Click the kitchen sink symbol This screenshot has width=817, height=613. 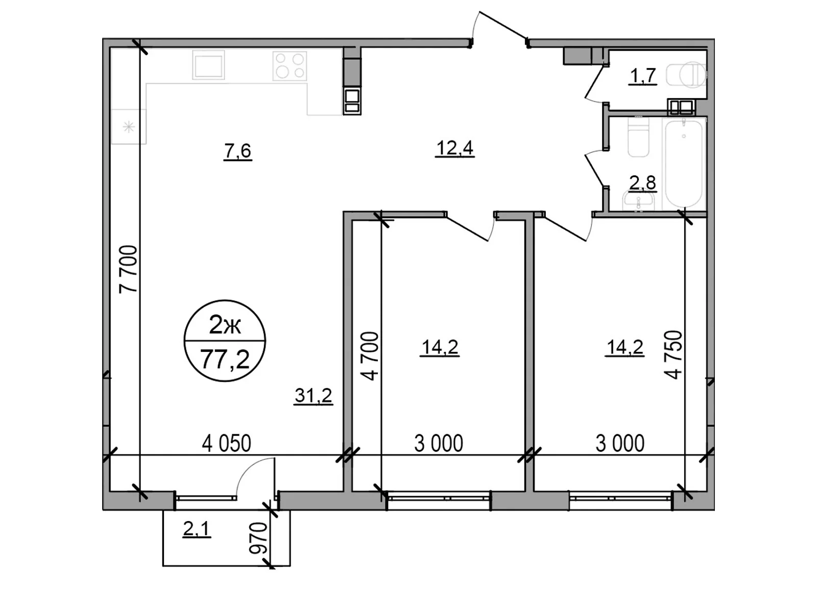coord(208,65)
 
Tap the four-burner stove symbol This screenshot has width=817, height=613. coord(290,66)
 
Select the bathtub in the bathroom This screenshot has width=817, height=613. coord(684,162)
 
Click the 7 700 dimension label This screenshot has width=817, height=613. coord(129,269)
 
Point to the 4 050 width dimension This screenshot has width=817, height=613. coord(226,443)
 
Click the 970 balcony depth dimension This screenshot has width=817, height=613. coord(258,538)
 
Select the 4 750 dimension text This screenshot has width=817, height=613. coord(674,355)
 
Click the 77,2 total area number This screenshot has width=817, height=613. coord(225,360)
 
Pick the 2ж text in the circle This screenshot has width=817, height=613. coord(225,325)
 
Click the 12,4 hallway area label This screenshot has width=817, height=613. coord(454,148)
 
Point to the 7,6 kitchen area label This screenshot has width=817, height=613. coord(237,151)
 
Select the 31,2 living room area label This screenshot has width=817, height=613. coord(313,395)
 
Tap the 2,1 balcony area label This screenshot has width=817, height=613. coord(197,529)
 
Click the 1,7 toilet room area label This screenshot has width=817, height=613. coord(642,76)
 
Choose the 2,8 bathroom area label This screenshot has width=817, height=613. coord(642,182)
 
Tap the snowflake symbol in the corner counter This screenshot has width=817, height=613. coord(129,126)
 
